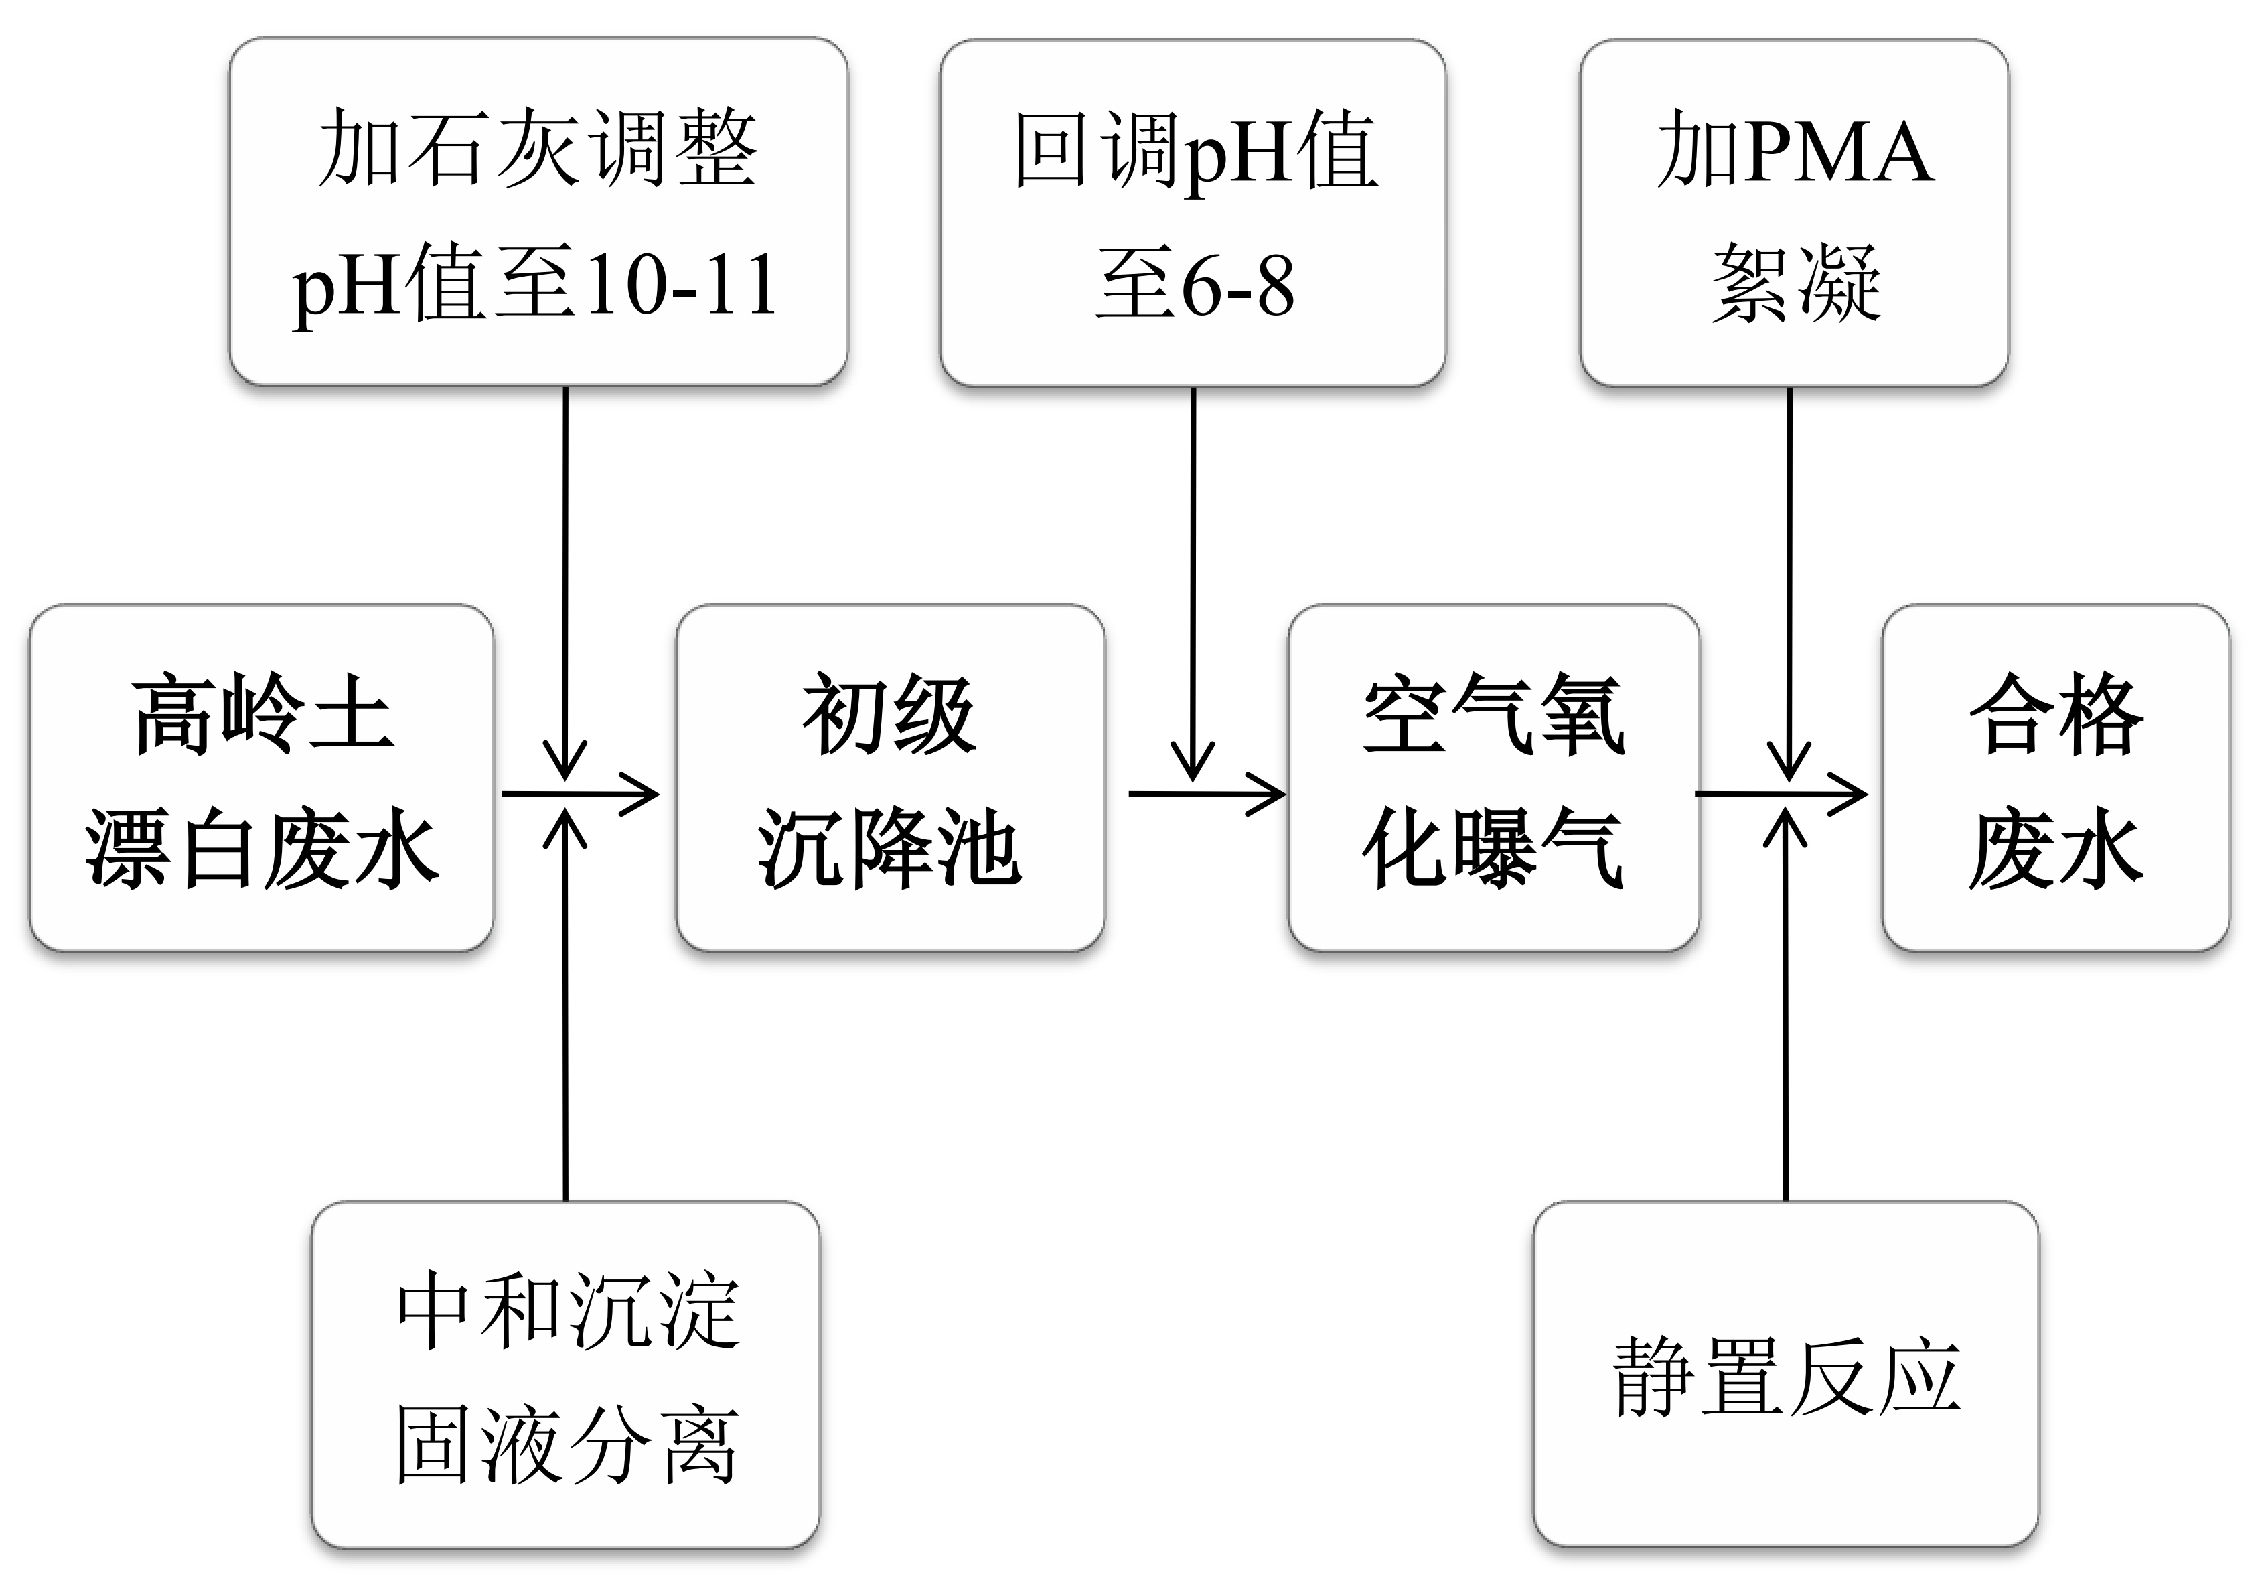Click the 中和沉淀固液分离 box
pyautogui.click(x=566, y=1379)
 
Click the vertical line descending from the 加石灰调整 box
pyautogui.click(x=566, y=571)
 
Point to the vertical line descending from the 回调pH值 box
pyautogui.click(x=1193, y=571)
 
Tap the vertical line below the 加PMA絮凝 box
pyautogui.click(x=1789, y=571)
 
